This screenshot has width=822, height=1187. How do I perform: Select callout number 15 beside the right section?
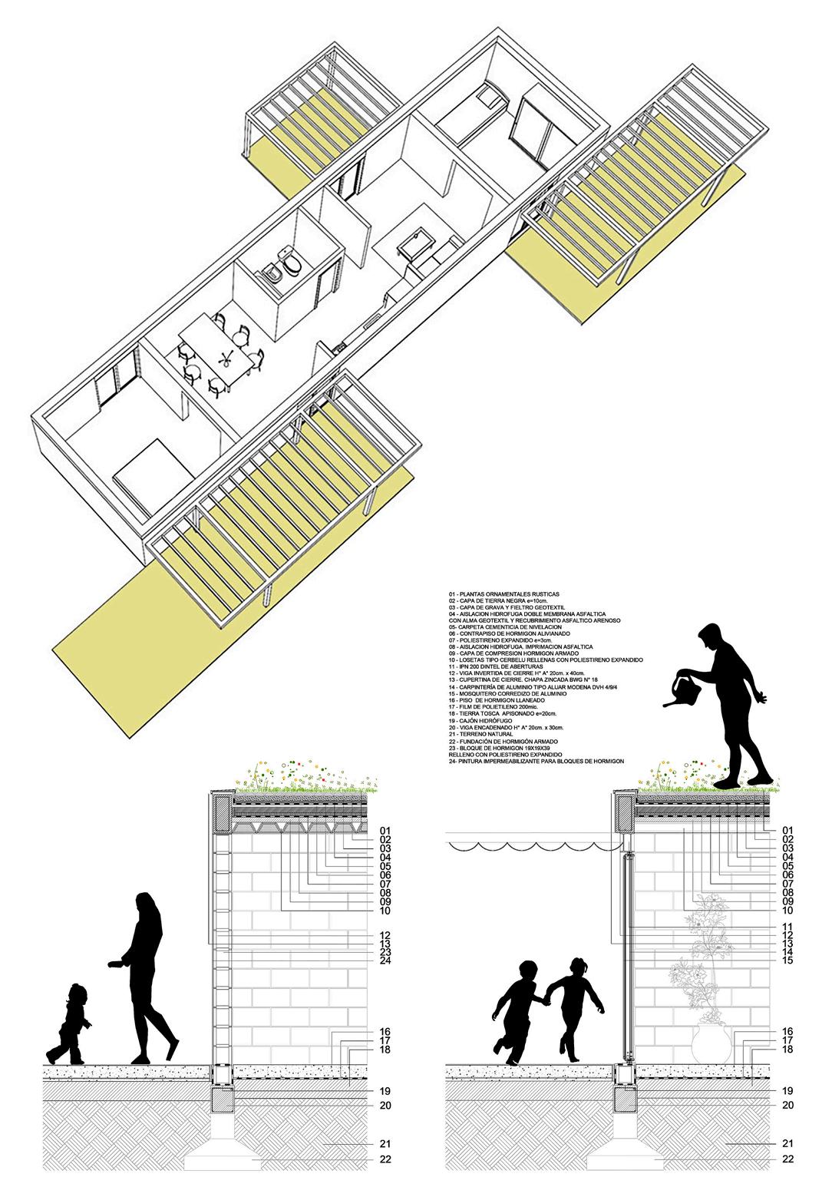[787, 960]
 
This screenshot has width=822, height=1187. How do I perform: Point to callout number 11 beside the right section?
[787, 926]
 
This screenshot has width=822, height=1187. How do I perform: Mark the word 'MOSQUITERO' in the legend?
[480, 693]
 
